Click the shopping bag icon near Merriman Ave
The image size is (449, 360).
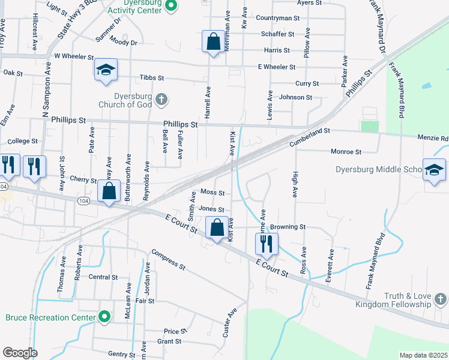(213, 41)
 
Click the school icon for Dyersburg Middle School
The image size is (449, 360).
(434, 170)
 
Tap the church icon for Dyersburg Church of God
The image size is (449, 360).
(160, 99)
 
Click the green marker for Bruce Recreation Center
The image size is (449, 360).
(105, 316)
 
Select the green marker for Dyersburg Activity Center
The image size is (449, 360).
(170, 7)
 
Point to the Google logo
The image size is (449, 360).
(20, 353)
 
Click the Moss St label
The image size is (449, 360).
(212, 193)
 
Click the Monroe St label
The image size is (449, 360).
(346, 152)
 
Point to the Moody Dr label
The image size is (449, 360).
(124, 43)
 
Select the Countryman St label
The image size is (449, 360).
(277, 18)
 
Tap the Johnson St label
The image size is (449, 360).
(296, 97)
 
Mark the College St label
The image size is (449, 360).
(23, 141)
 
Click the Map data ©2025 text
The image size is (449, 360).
(423, 355)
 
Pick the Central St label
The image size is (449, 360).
(103, 277)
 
